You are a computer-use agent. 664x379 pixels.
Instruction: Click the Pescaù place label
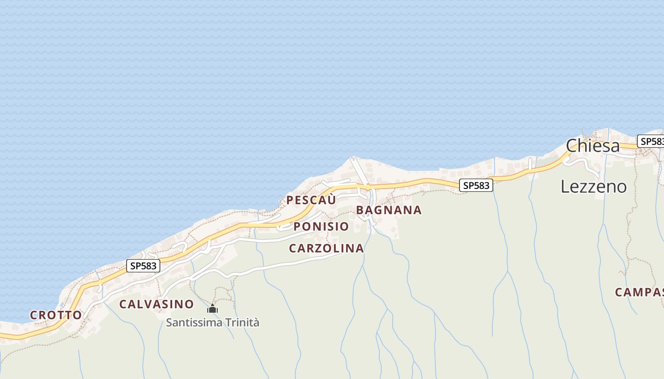tap(311, 200)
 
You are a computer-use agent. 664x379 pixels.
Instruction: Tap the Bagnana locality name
tap(388, 210)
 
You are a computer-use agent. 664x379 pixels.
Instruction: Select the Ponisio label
tap(321, 226)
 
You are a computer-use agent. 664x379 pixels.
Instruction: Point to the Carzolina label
tap(326, 248)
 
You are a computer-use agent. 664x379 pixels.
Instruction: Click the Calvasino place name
tap(157, 304)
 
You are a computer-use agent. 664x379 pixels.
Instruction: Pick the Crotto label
tap(56, 315)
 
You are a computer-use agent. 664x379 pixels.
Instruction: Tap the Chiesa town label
tap(593, 146)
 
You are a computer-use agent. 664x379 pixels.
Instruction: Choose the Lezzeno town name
tap(593, 187)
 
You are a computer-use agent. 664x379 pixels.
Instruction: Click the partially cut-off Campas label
tap(639, 292)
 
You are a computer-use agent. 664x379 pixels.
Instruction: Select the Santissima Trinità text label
tap(212, 323)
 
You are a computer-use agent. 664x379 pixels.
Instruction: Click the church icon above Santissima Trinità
tap(212, 309)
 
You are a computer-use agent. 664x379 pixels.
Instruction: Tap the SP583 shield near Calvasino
tap(143, 266)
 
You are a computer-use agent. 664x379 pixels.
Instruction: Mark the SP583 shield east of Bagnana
tap(476, 186)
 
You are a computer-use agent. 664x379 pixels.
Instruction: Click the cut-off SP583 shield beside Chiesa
tap(651, 141)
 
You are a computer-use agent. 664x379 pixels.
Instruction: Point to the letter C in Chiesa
tap(572, 146)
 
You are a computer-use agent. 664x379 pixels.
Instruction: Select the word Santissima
tap(192, 323)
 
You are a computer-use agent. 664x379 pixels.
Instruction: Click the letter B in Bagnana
tap(360, 210)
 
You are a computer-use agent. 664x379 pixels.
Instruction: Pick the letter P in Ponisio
tap(297, 226)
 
